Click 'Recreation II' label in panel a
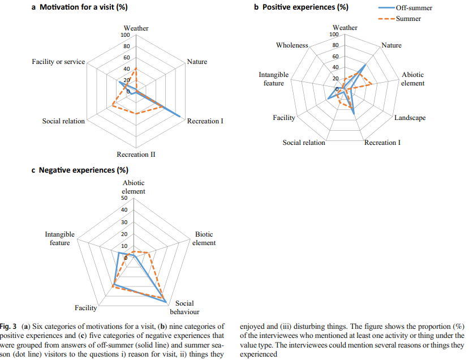(x=136, y=155)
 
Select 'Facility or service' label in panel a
(x=58, y=62)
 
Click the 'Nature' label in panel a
(x=197, y=62)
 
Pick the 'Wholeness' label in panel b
(x=292, y=45)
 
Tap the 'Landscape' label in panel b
(x=410, y=118)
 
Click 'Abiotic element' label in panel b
(x=412, y=79)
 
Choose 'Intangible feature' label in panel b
(x=274, y=79)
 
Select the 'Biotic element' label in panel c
(x=205, y=238)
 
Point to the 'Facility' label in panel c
(x=86, y=308)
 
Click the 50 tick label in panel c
(x=124, y=198)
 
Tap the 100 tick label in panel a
(x=125, y=35)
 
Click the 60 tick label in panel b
(x=335, y=57)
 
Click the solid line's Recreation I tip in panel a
(x=180, y=117)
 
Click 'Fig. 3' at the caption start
(x=10, y=327)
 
